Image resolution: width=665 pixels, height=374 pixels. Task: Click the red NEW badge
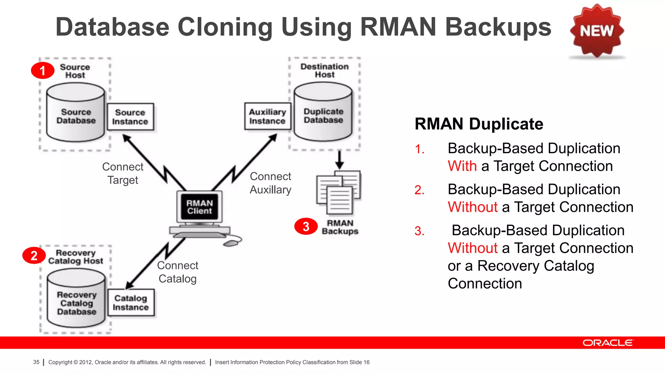pos(597,31)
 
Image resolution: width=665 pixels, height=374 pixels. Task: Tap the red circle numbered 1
pos(43,70)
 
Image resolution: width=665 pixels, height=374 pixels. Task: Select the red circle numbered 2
pos(34,256)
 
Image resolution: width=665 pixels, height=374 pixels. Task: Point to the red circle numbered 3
pos(306,226)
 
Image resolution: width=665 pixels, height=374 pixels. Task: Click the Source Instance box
pos(130,117)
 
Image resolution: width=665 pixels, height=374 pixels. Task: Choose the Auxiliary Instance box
pos(267,116)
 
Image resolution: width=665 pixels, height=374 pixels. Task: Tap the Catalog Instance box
pos(131,303)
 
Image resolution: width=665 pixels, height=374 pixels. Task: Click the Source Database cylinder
pos(76,114)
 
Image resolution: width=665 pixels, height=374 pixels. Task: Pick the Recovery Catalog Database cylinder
pos(76,300)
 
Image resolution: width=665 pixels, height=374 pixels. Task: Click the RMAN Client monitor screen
pos(199,207)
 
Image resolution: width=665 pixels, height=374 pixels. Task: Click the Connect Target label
pos(123,173)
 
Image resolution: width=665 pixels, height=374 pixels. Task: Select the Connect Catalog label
pos(178,272)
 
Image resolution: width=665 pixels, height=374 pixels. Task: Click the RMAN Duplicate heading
pos(479,124)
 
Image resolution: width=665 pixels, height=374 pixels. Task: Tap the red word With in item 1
pos(462,166)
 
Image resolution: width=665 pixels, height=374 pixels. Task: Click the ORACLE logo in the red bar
pos(608,343)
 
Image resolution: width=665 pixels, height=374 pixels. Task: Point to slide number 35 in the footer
pos(36,362)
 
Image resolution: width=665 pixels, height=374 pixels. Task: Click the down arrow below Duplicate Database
pos(339,160)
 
